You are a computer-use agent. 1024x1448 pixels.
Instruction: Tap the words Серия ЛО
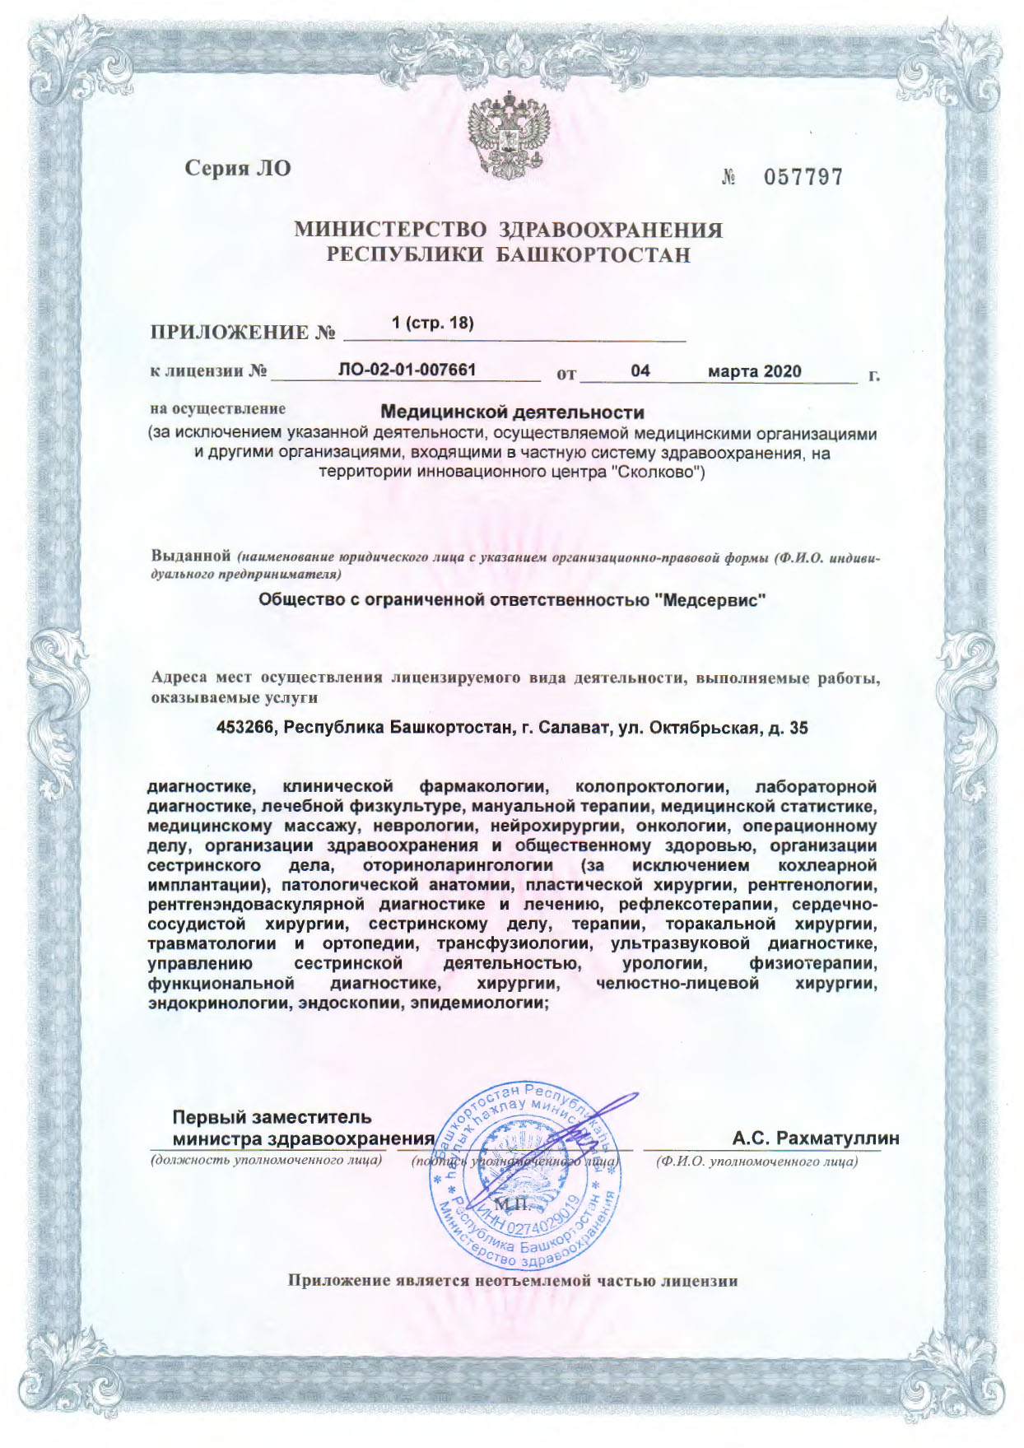(237, 168)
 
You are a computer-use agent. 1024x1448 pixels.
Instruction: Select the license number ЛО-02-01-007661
(407, 370)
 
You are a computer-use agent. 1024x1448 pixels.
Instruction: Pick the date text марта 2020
(755, 371)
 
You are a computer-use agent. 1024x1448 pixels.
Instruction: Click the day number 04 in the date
(640, 371)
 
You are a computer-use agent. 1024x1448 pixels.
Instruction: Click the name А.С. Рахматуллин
(815, 1138)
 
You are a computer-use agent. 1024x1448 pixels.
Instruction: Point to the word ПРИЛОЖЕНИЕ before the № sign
(227, 333)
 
